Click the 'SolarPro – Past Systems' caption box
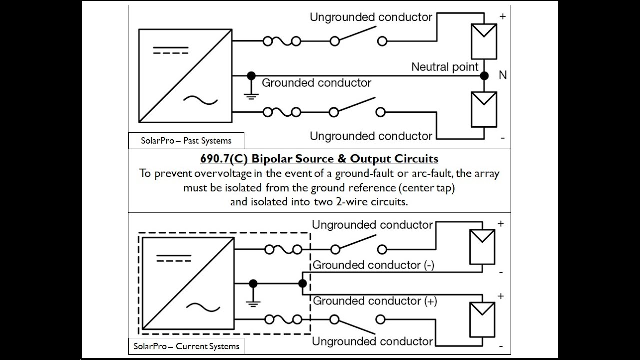(186, 141)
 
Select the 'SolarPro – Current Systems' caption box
(186, 346)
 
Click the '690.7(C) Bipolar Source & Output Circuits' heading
(319, 159)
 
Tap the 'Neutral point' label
(445, 67)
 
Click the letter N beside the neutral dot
(503, 75)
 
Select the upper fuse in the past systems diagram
(282, 41)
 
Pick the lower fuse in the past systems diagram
(282, 112)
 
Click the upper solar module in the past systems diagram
(484, 41)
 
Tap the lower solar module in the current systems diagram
(482, 320)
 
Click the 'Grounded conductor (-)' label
(373, 265)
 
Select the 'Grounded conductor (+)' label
(375, 301)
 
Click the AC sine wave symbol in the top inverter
(200, 100)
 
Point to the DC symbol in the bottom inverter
(174, 258)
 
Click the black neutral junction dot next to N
(484, 76)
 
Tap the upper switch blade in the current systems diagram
(357, 242)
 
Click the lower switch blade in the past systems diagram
(356, 104)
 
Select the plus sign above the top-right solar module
(503, 16)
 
